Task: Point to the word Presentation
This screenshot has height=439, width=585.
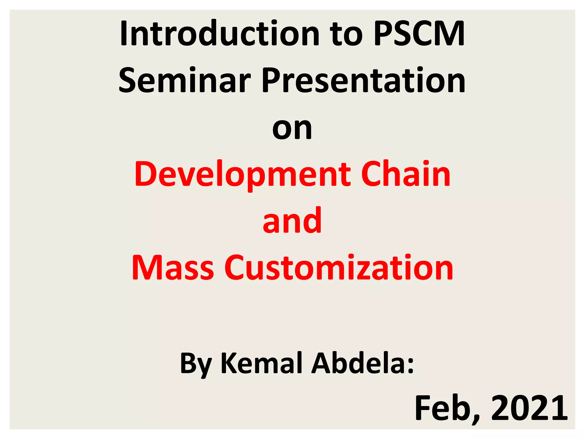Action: [x=364, y=81]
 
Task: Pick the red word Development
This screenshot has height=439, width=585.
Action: [x=243, y=174]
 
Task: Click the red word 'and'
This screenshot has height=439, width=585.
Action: [x=292, y=221]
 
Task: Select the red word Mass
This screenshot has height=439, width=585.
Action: [x=173, y=268]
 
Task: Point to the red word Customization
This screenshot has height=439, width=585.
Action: [x=339, y=268]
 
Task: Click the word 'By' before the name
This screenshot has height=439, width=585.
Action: [x=196, y=364]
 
